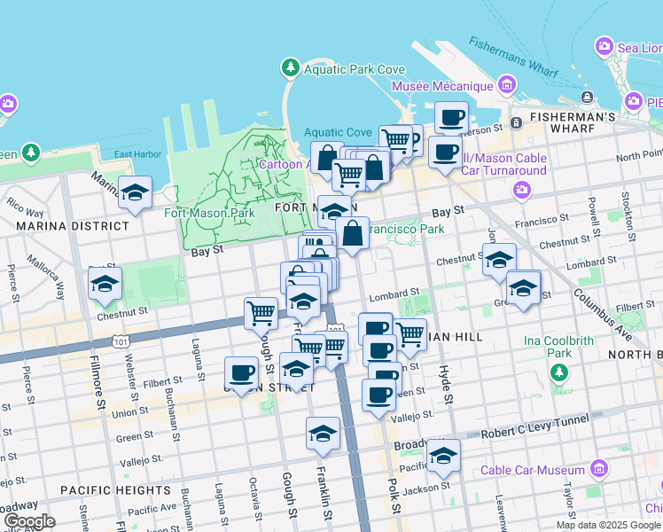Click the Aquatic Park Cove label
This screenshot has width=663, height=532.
[x=354, y=69]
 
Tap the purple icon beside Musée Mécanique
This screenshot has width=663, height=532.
[x=507, y=86]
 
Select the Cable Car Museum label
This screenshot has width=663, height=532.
[x=543, y=467]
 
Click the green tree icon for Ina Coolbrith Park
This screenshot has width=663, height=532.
[x=559, y=373]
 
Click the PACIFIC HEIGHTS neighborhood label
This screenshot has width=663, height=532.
[x=115, y=489]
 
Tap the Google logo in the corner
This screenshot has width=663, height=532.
[x=29, y=521]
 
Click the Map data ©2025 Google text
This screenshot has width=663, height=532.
[x=607, y=525]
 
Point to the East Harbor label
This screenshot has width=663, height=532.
[x=137, y=154]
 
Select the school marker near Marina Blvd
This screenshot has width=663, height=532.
[x=135, y=192]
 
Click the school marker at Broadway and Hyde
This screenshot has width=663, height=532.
[x=443, y=456]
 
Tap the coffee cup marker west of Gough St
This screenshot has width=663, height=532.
[x=241, y=372]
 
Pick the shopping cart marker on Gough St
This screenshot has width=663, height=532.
[x=261, y=312]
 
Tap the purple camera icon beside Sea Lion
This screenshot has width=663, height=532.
[x=604, y=45]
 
